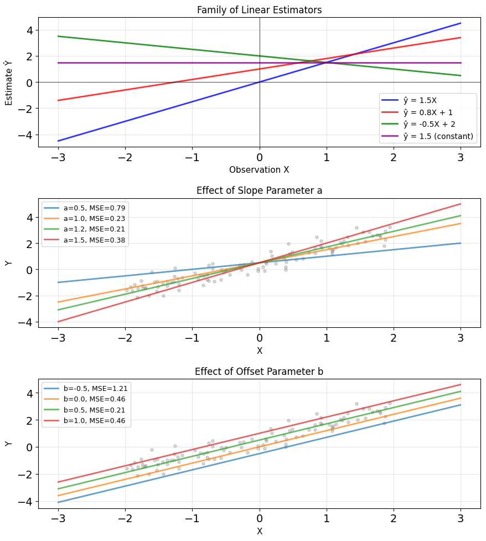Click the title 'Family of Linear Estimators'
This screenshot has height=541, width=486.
point(259,9)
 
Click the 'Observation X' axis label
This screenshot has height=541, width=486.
point(259,169)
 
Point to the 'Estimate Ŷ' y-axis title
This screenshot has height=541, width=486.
point(8,83)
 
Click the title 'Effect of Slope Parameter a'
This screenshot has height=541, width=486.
point(259,190)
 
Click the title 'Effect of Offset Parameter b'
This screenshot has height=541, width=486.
point(259,371)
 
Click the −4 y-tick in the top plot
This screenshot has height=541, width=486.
point(26,135)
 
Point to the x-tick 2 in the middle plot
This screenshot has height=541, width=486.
point(394,338)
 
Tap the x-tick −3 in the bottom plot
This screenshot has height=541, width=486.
point(58,518)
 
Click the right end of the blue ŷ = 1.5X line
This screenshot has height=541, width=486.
point(461,23)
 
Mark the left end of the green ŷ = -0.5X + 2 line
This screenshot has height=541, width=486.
point(58,36)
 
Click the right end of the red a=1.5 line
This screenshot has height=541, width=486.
point(461,204)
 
